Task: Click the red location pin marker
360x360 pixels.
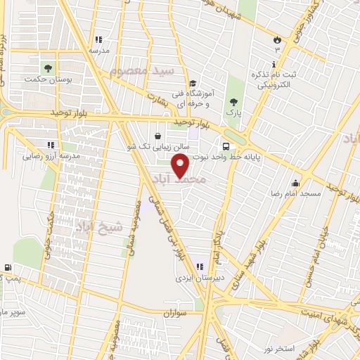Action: click(181, 166)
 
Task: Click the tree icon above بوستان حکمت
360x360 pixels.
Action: click(48, 69)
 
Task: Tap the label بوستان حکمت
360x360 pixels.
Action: click(48, 80)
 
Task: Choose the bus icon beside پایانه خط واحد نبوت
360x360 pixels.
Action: click(225, 147)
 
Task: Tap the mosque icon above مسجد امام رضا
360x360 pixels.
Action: click(295, 183)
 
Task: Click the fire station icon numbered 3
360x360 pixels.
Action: click(277, 40)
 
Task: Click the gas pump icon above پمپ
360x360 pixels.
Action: click(8, 267)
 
